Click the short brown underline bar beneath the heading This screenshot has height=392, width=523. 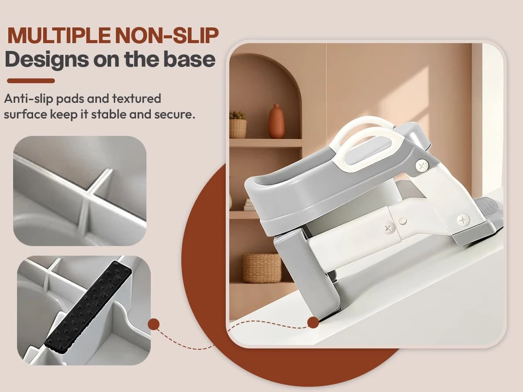(x=31, y=81)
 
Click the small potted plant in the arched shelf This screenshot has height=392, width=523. (x=238, y=125)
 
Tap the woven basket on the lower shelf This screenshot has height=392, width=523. (x=262, y=268)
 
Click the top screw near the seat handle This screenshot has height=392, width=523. (x=421, y=166)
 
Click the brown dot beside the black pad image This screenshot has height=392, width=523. (x=153, y=324)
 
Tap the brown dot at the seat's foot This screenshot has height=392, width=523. (x=313, y=322)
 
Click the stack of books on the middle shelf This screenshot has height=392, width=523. (x=249, y=205)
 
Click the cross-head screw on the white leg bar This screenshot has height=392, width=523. (x=388, y=227)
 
